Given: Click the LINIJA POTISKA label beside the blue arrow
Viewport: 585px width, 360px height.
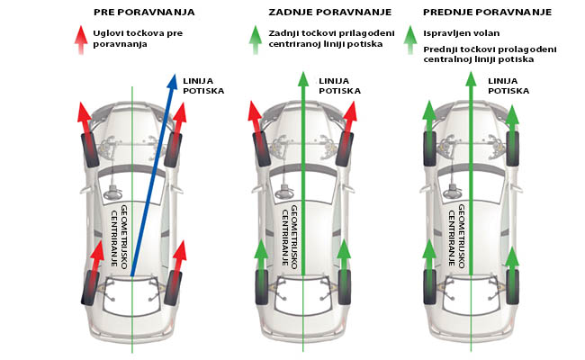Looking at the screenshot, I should (199, 86).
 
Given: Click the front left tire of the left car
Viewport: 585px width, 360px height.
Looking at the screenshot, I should (89, 148).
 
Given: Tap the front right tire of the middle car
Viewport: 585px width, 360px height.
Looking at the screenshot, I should (346, 148).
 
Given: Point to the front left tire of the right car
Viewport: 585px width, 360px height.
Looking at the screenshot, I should (430, 148).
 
